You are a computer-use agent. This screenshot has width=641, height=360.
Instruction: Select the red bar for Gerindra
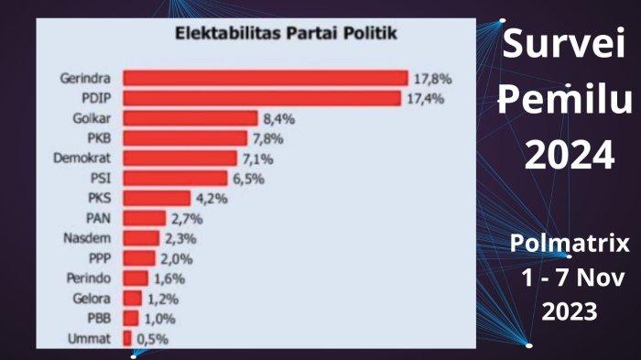pos(266,78)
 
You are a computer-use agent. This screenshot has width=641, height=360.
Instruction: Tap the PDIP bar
pos(262,98)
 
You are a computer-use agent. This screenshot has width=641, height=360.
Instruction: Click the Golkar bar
pos(190,118)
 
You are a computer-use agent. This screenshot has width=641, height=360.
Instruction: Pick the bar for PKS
pos(157,198)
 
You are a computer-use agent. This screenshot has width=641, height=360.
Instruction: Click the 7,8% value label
pos(267,138)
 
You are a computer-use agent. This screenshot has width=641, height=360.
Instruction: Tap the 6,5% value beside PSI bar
pos(247,178)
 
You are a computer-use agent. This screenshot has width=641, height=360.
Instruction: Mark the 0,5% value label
pos(152,339)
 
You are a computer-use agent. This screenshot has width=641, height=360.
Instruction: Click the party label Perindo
pos(90,278)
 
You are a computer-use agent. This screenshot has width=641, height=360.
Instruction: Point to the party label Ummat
pos(92,339)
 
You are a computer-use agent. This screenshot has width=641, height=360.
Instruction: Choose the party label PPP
pos(99,258)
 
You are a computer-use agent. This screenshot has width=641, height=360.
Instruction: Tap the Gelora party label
pos(92,299)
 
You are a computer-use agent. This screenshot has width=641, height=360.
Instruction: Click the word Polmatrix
pos(570,244)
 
